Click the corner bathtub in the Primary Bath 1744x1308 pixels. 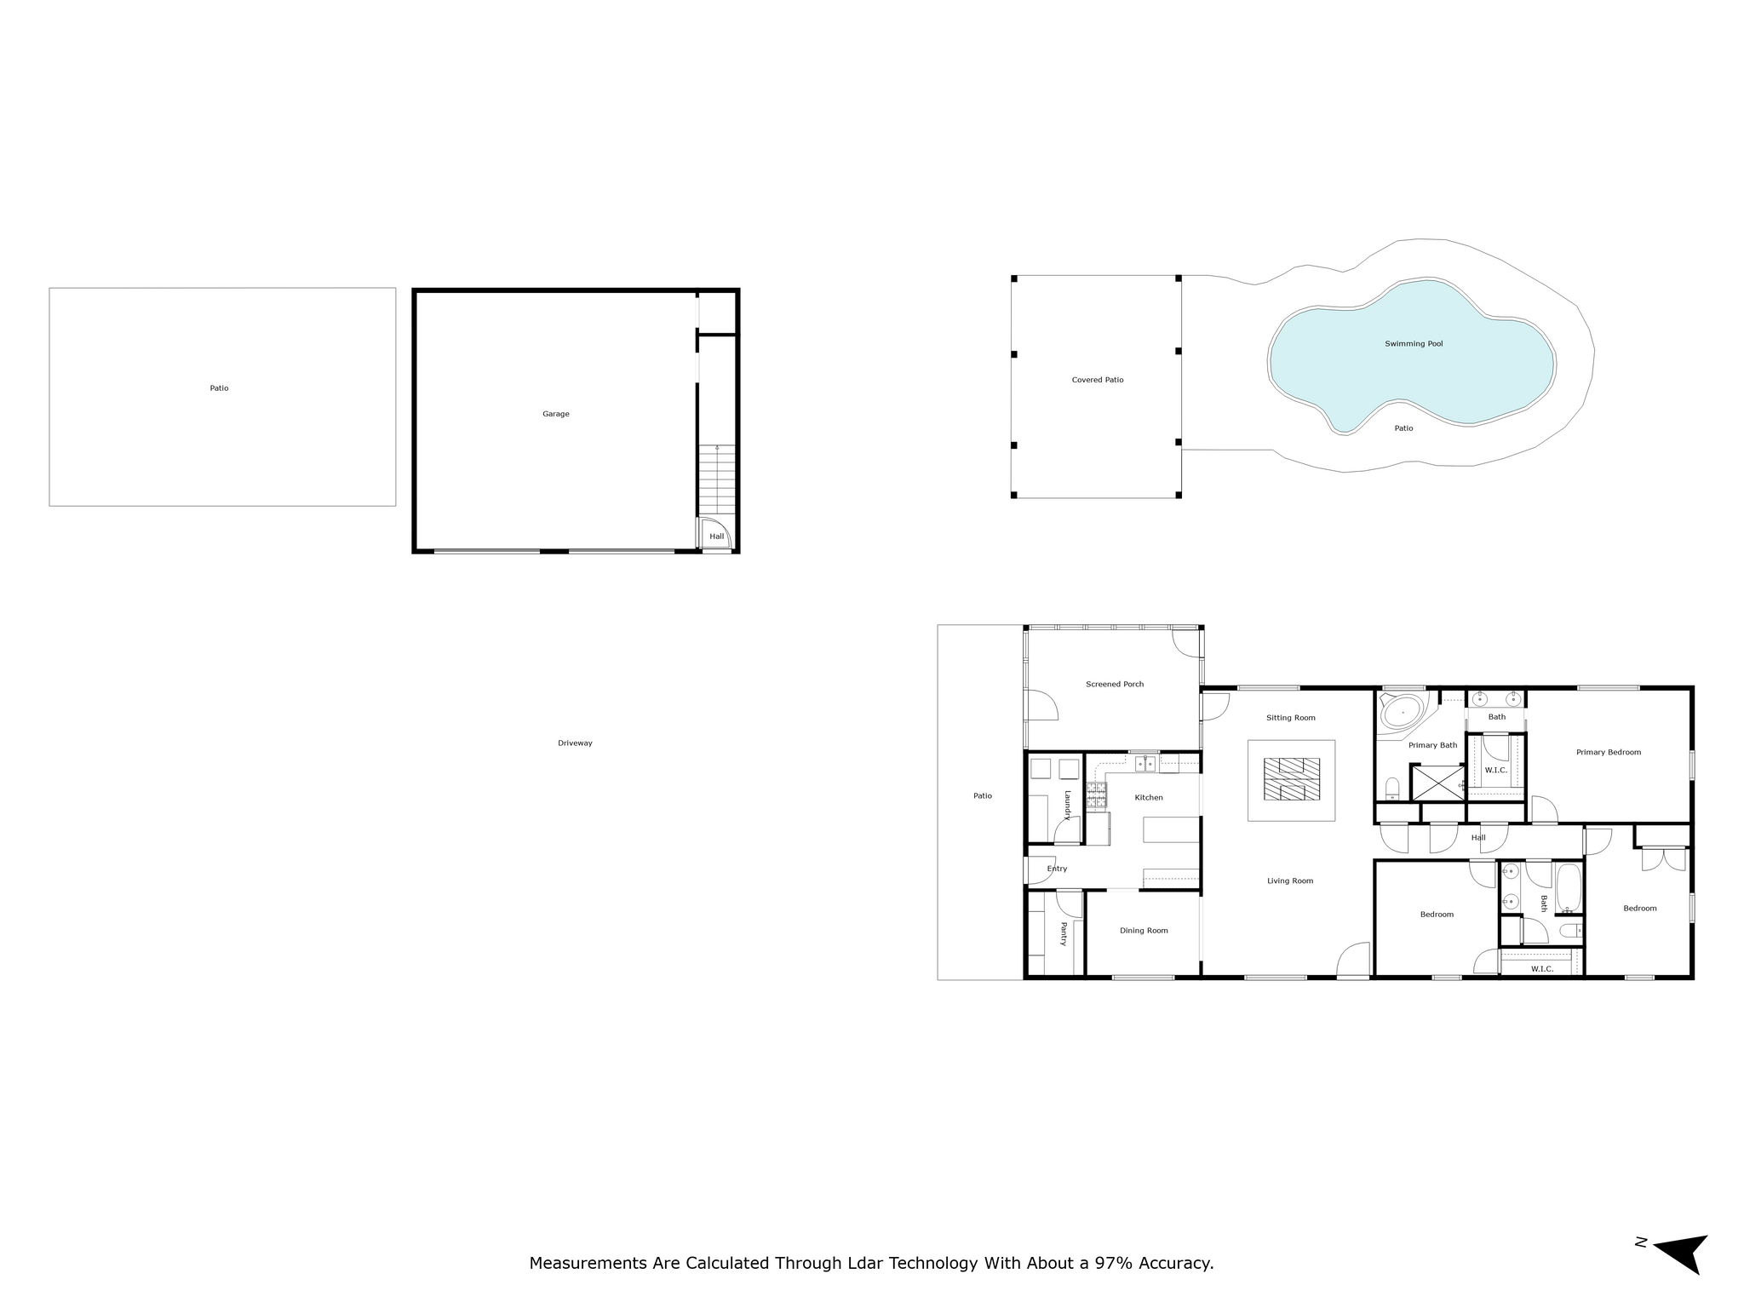[x=1403, y=712]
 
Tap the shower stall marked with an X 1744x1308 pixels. [x=1437, y=783]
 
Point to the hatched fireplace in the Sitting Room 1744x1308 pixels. [x=1291, y=779]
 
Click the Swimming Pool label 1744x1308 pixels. [x=1414, y=344]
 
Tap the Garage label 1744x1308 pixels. [x=556, y=414]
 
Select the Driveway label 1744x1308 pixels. [x=575, y=743]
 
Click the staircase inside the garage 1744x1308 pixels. [x=717, y=480]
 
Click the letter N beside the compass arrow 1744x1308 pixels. [x=1641, y=1265]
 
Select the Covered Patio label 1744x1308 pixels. [x=1098, y=380]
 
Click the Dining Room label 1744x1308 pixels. [x=1144, y=931]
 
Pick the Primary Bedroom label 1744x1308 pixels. [x=1609, y=752]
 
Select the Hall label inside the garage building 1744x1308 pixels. [x=717, y=536]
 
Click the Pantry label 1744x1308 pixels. [x=1064, y=933]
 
